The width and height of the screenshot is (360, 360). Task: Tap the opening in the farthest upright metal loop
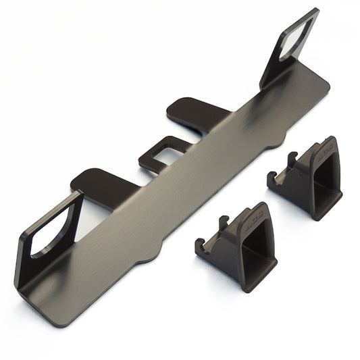(x=298, y=40)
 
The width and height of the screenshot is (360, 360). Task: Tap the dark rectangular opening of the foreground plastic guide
(x=260, y=250)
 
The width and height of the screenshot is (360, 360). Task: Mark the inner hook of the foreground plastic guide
(x=224, y=224)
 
